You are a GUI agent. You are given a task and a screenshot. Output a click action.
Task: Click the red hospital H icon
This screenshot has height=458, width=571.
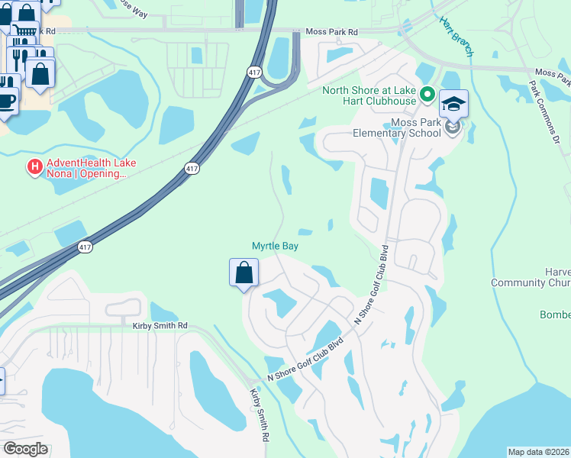click(x=34, y=166)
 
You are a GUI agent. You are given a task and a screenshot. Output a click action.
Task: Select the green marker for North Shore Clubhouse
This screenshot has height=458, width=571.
click(x=427, y=95)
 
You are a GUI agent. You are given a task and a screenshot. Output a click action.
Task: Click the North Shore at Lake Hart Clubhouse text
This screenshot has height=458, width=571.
click(x=369, y=95)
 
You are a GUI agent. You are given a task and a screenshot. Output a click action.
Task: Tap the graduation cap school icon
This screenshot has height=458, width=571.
click(x=453, y=104)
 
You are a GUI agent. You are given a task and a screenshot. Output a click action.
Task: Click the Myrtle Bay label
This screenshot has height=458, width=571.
click(x=275, y=246)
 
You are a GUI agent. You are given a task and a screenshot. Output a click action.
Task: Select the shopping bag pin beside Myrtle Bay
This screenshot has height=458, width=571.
click(x=244, y=273)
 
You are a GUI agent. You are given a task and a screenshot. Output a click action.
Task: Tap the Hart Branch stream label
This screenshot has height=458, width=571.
click(x=456, y=36)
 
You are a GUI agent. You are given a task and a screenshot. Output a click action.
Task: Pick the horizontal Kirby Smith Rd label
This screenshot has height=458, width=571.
click(x=160, y=326)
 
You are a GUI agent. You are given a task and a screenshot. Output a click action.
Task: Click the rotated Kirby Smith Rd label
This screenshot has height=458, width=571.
click(x=260, y=416)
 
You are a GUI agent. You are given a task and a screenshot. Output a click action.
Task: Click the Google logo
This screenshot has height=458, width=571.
click(x=25, y=449)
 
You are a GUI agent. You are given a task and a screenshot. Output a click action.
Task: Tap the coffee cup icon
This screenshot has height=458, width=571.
click(x=6, y=100)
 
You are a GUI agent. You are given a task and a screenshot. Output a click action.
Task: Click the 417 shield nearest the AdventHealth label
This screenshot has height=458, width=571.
click(x=192, y=168)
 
